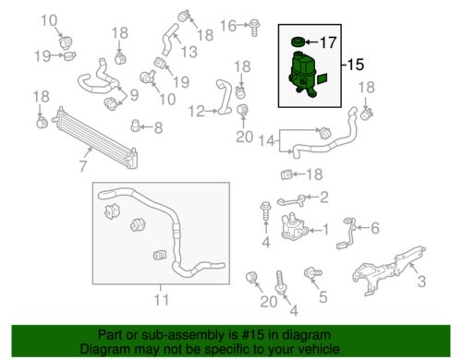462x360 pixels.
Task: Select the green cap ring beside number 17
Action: pyautogui.click(x=298, y=42)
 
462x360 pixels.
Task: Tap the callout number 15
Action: pyautogui.click(x=356, y=65)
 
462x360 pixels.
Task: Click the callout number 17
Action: pyautogui.click(x=328, y=42)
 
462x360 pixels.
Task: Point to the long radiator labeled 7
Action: pyautogui.click(x=95, y=137)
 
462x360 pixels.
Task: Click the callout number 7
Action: pyautogui.click(x=83, y=166)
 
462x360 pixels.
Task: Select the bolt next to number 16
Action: pyautogui.click(x=254, y=28)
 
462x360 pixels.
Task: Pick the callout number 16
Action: pyautogui.click(x=228, y=26)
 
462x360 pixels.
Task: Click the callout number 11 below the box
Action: pyautogui.click(x=161, y=300)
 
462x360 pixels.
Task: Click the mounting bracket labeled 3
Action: pyautogui.click(x=389, y=270)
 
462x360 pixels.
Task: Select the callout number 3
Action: pyautogui.click(x=421, y=282)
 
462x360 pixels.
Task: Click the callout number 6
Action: pyautogui.click(x=375, y=228)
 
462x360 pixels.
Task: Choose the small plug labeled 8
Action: pyautogui.click(x=136, y=126)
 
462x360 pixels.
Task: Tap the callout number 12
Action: pyautogui.click(x=197, y=111)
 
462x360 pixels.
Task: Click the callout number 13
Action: pyautogui.click(x=188, y=52)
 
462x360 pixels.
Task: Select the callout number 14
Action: pyautogui.click(x=267, y=141)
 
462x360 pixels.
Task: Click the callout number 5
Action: pyautogui.click(x=323, y=297)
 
